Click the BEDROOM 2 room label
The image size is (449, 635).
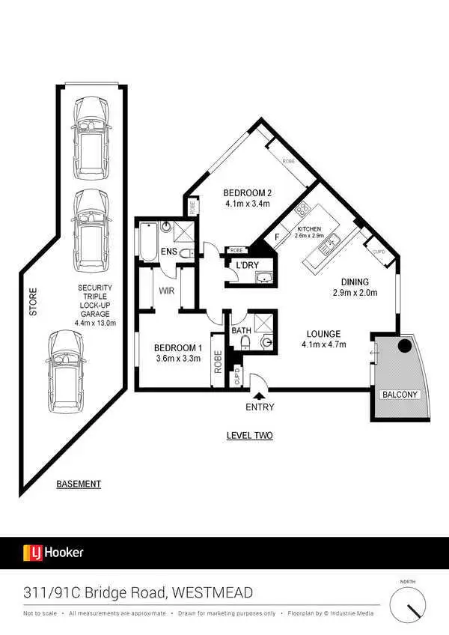click(x=248, y=192)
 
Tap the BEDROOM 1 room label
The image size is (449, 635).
click(x=177, y=347)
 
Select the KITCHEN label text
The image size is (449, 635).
click(x=310, y=228)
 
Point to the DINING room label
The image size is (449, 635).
click(x=355, y=282)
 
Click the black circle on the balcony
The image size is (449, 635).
click(x=404, y=347)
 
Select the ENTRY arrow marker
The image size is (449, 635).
click(x=260, y=395)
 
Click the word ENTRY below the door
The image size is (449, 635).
click(x=260, y=407)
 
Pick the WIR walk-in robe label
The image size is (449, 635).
click(x=166, y=285)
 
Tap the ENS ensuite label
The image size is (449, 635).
click(x=168, y=252)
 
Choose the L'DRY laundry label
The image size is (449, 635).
click(x=248, y=266)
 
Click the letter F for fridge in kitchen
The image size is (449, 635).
click(x=277, y=238)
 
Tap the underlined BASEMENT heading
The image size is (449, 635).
click(x=79, y=484)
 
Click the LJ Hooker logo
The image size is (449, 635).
click(x=53, y=553)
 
